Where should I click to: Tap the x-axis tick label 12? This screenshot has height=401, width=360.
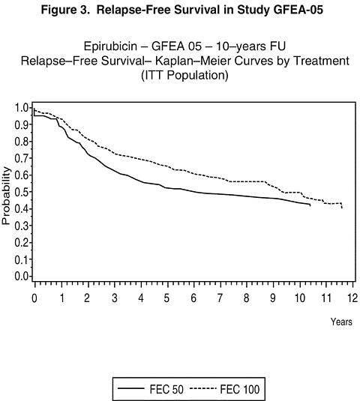click(352, 298)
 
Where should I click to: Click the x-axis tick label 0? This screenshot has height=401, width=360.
click(34, 298)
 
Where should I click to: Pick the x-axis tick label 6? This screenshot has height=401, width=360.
click(193, 298)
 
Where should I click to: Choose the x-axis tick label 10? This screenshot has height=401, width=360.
click(300, 298)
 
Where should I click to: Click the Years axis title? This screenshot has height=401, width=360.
click(341, 322)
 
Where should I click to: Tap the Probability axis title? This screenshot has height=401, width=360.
click(6, 196)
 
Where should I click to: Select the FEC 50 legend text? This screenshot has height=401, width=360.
click(166, 390)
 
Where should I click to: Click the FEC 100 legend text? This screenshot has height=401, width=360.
click(240, 390)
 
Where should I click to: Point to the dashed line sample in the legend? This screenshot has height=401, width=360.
click(204, 389)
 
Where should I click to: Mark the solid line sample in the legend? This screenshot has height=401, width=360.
click(130, 389)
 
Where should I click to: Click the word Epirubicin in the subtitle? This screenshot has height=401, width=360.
click(110, 46)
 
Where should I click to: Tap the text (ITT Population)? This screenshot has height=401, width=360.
click(184, 76)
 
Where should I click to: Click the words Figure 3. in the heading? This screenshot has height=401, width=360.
click(66, 10)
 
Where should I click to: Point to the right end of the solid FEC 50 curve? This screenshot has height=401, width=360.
click(310, 205)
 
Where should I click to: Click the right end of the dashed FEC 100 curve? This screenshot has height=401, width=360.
click(342, 208)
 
